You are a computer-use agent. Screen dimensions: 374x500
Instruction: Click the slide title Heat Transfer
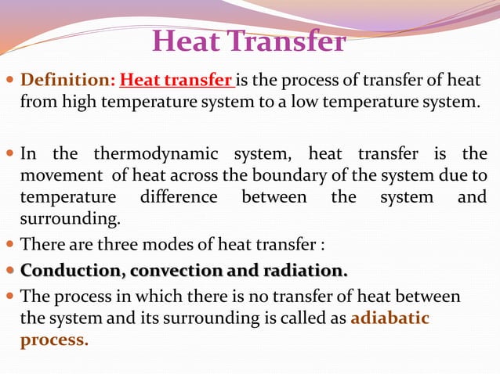click(248, 41)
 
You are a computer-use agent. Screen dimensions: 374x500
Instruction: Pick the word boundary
click(290, 175)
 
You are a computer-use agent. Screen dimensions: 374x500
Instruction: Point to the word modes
click(183, 245)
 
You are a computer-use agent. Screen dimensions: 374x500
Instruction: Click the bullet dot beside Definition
click(9, 81)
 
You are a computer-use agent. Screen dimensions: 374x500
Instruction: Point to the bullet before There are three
click(9, 245)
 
